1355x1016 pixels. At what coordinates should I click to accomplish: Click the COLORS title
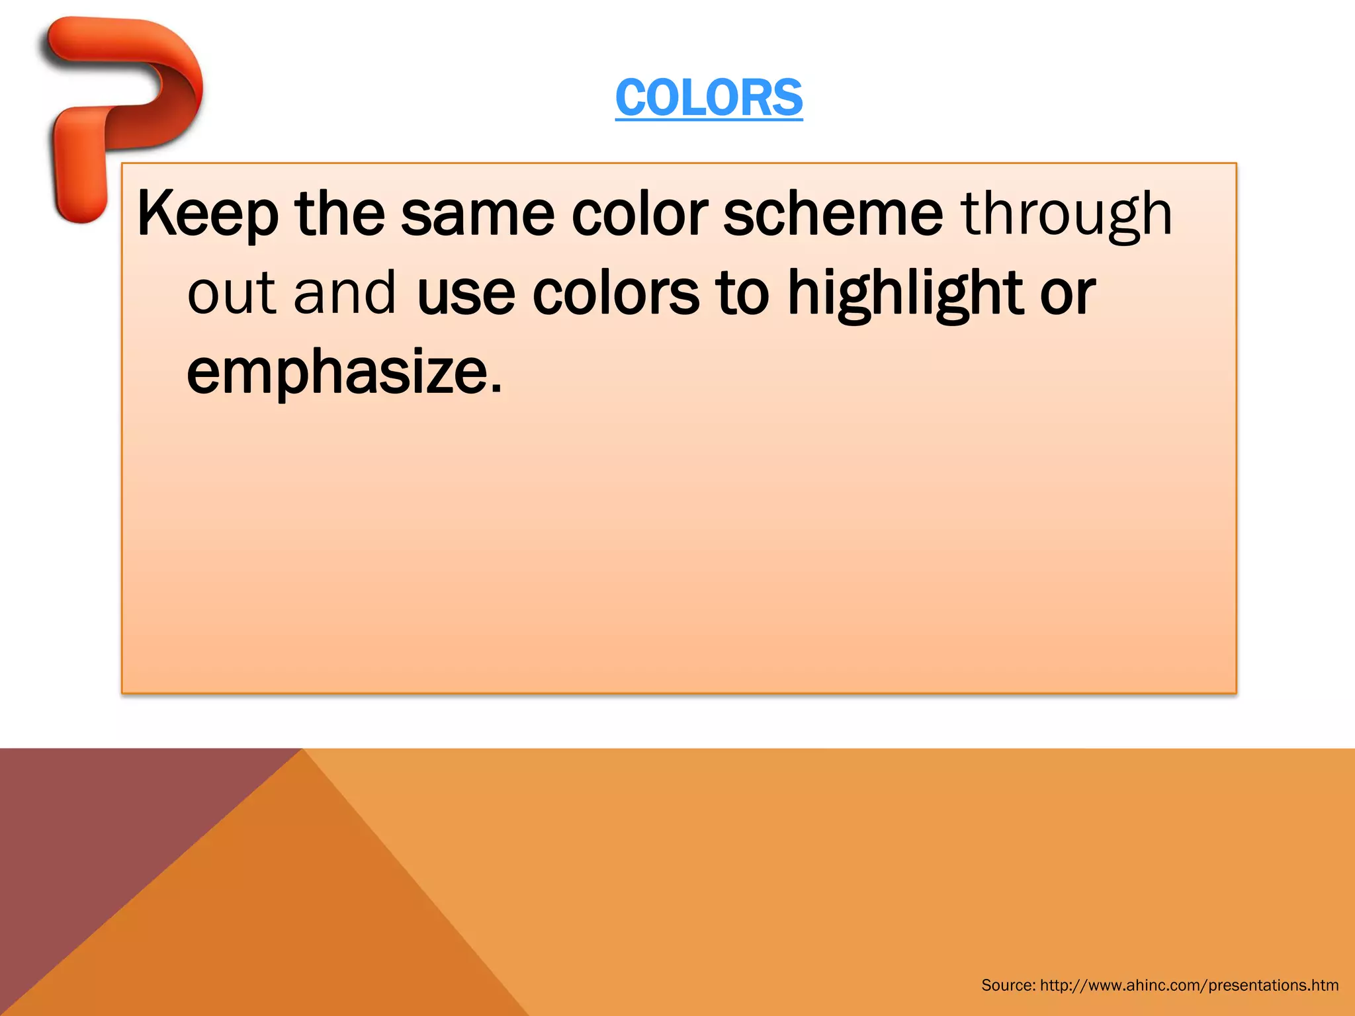709,98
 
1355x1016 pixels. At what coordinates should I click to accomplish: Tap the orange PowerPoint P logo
119,99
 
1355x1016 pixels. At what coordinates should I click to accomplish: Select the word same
477,213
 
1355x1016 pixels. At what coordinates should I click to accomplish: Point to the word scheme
833,213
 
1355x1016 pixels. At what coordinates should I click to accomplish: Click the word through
1067,214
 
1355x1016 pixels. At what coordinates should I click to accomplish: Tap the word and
345,292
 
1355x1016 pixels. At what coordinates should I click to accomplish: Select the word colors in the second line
615,292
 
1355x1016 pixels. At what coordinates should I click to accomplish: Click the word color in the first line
640,213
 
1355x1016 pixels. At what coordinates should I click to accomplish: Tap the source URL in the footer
1189,986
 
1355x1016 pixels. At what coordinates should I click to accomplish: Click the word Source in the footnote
1008,986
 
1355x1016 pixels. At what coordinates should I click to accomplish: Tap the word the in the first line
339,213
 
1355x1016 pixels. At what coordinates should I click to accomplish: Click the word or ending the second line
1067,294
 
